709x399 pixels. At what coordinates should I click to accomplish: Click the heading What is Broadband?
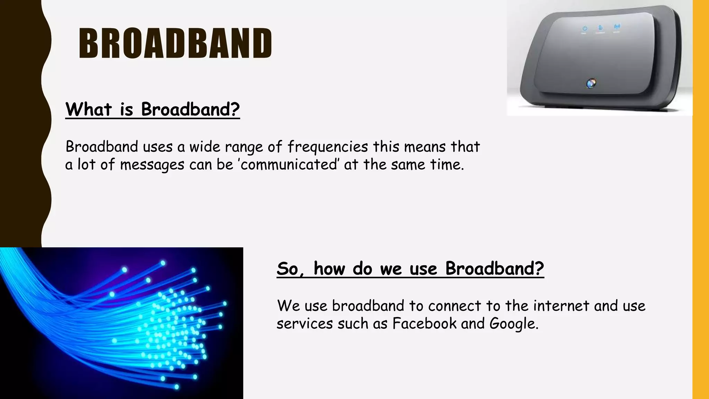pyautogui.click(x=152, y=109)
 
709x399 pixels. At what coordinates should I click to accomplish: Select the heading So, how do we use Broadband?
pyautogui.click(x=410, y=268)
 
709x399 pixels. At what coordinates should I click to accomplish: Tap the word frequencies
pyautogui.click(x=327, y=147)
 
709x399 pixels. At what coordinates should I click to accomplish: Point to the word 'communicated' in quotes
pyautogui.click(x=288, y=165)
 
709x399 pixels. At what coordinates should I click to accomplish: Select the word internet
pyautogui.click(x=561, y=306)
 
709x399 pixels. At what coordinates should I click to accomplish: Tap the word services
pyautogui.click(x=305, y=323)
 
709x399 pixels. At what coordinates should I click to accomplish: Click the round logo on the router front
pyautogui.click(x=591, y=83)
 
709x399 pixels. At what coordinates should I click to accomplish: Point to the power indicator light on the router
pyautogui.click(x=584, y=28)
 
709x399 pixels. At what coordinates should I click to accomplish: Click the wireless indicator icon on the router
pyautogui.click(x=617, y=27)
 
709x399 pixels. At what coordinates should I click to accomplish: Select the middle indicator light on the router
pyautogui.click(x=600, y=27)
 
